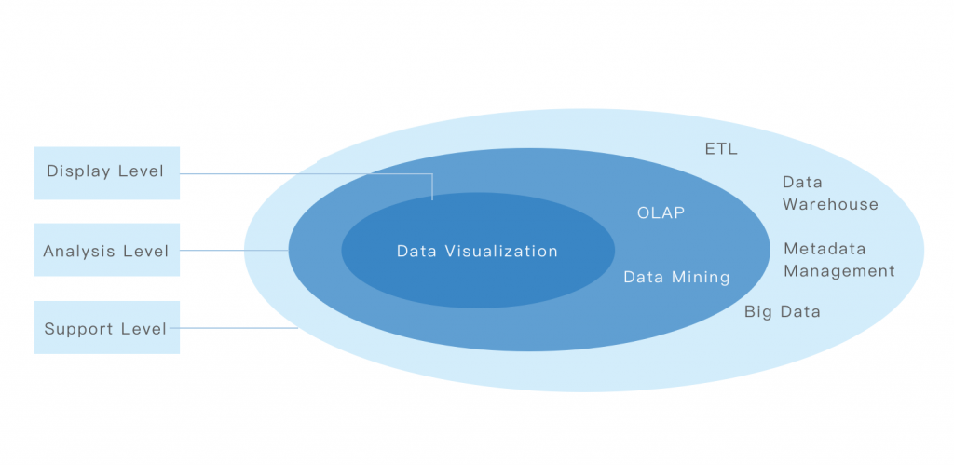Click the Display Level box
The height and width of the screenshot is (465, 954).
(x=106, y=172)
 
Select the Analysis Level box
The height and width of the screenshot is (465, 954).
(x=106, y=250)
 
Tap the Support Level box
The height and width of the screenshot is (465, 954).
(x=106, y=327)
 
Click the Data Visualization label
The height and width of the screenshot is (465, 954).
(x=477, y=251)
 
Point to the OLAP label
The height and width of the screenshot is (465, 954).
(x=661, y=212)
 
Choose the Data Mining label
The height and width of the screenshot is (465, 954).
(x=676, y=277)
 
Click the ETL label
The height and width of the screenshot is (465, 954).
(x=721, y=148)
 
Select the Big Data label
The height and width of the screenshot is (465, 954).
(x=783, y=311)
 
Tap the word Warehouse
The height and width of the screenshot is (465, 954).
(x=830, y=204)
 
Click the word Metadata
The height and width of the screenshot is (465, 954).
(x=825, y=249)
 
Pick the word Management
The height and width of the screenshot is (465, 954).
(x=838, y=271)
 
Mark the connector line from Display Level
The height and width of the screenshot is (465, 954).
(x=307, y=173)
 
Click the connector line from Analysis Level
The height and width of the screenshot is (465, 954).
(x=233, y=250)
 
